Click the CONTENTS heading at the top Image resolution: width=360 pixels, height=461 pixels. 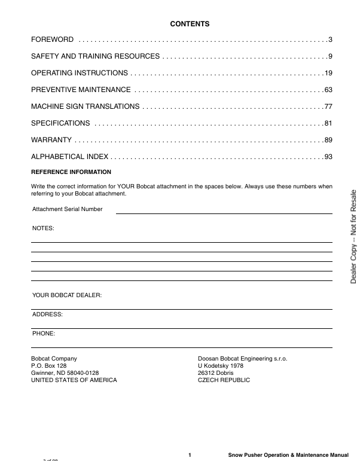point(190,24)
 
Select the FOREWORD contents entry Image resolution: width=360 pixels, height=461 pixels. point(53,39)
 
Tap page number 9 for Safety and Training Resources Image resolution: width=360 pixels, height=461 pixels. point(330,56)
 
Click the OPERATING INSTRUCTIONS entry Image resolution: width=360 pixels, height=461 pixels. point(79,73)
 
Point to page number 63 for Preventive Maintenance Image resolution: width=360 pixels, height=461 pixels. point(328,90)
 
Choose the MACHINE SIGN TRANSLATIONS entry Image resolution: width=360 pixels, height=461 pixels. point(85,106)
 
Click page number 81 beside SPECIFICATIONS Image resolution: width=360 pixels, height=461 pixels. point(328,123)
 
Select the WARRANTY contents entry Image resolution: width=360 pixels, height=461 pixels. point(51,140)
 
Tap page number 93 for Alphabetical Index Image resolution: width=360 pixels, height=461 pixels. point(328,157)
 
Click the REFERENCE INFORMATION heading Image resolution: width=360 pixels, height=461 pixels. point(71,172)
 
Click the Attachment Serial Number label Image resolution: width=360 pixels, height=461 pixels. point(67,209)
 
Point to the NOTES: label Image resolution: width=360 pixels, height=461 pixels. point(43,228)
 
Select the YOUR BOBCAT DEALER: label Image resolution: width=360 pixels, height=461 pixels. point(67,295)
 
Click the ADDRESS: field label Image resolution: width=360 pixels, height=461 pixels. point(47,314)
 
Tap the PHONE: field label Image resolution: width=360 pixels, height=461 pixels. point(44,333)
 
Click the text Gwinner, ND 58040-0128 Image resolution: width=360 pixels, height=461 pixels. point(65,373)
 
